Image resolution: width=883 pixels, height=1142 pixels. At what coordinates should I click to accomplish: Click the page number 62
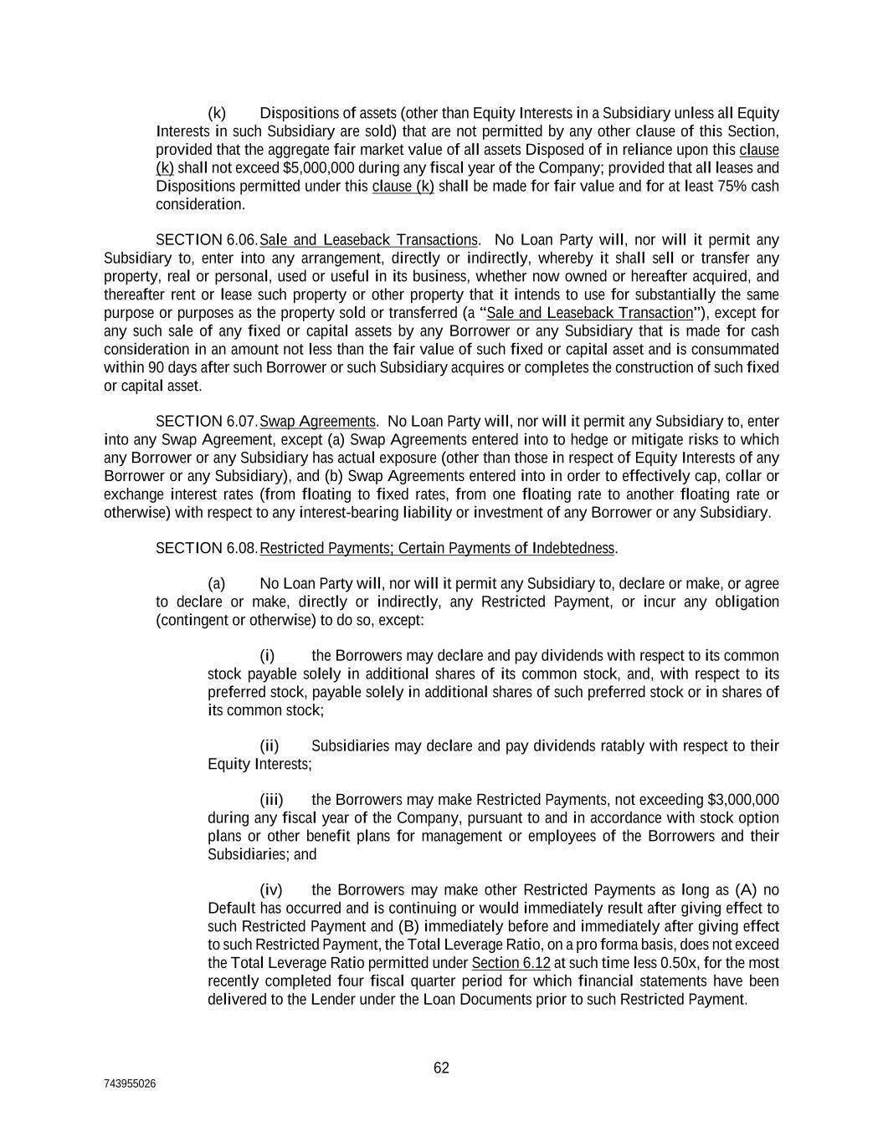441,1068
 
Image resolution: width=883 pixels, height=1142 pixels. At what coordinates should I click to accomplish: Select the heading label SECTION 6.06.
207,240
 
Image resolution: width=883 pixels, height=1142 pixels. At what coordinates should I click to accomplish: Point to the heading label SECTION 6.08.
207,548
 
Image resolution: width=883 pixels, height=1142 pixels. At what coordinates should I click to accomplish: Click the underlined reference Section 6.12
511,962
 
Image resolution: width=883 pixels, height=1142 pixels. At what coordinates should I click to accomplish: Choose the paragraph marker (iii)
272,800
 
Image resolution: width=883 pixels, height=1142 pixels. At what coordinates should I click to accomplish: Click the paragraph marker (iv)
271,889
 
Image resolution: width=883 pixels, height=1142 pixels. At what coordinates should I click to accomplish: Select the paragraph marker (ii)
270,745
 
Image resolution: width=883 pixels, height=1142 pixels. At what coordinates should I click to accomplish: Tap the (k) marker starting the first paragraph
217,113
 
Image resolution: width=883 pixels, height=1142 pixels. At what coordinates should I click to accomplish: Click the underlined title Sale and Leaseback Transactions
369,240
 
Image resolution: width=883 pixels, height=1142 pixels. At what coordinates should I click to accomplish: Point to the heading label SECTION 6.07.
207,421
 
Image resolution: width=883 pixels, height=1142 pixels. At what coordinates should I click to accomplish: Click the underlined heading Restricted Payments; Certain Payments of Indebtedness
438,548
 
